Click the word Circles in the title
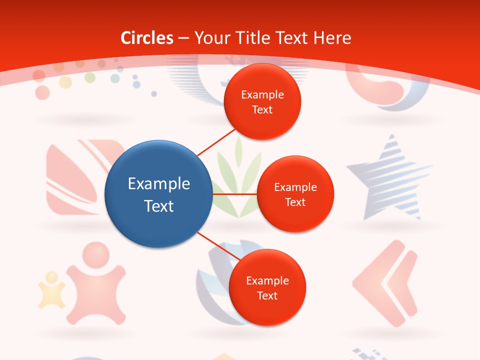146,38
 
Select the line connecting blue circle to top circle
217,141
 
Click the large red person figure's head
95,256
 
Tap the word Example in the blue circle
159,184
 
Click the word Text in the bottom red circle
267,295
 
